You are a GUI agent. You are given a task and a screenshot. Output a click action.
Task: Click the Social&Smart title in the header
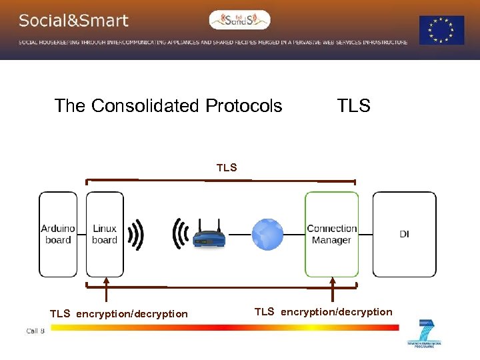(73, 21)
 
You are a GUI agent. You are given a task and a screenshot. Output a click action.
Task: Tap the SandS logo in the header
(240, 20)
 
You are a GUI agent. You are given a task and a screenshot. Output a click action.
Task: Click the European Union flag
(441, 30)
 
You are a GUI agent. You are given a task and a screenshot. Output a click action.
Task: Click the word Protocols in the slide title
(244, 106)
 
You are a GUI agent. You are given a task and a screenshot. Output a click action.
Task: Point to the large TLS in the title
(353, 106)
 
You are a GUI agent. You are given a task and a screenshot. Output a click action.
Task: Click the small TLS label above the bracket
(227, 168)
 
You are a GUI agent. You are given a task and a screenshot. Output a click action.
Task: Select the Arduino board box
(58, 234)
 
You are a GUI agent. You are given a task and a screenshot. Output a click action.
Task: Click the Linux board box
(105, 234)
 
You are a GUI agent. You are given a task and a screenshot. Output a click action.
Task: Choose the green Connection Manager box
(332, 234)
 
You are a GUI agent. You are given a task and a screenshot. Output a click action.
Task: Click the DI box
(404, 234)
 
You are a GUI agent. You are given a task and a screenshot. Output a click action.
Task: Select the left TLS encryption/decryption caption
(119, 314)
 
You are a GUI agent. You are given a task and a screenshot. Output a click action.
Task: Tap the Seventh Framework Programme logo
(425, 333)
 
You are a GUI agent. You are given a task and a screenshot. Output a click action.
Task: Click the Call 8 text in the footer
(35, 331)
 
